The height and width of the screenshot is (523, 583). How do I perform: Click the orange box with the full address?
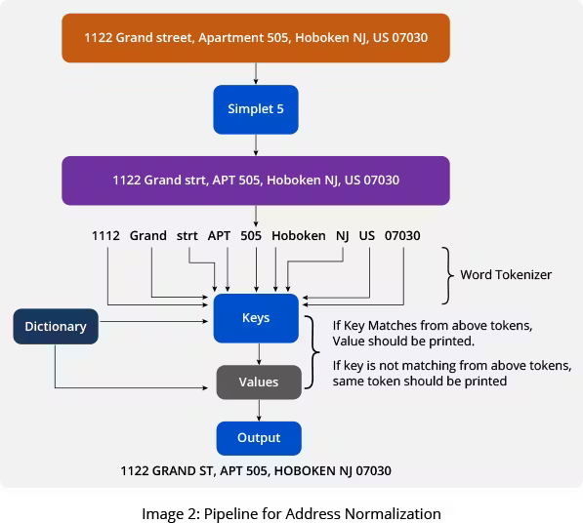(x=256, y=38)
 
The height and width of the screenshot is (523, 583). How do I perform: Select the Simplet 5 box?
(x=256, y=109)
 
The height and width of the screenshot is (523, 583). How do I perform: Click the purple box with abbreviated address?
(x=256, y=181)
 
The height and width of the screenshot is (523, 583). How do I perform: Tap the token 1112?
(x=105, y=236)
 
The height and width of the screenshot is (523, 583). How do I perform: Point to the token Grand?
(x=148, y=236)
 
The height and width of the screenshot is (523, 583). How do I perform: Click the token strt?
(x=187, y=236)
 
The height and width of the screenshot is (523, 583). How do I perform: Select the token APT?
(x=219, y=236)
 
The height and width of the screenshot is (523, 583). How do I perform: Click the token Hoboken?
(x=298, y=236)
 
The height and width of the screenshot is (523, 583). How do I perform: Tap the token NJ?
(x=342, y=236)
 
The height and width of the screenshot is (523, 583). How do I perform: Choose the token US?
(x=366, y=236)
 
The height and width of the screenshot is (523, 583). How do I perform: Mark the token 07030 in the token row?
(x=402, y=236)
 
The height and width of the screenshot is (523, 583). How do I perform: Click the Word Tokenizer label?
(x=505, y=275)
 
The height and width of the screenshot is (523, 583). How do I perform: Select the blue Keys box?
(x=256, y=318)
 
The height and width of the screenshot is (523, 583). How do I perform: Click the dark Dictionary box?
(x=55, y=327)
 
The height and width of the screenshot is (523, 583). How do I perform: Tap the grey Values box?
(x=258, y=382)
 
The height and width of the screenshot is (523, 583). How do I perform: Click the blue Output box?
(x=258, y=437)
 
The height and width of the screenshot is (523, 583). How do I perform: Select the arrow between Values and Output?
(x=258, y=410)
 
